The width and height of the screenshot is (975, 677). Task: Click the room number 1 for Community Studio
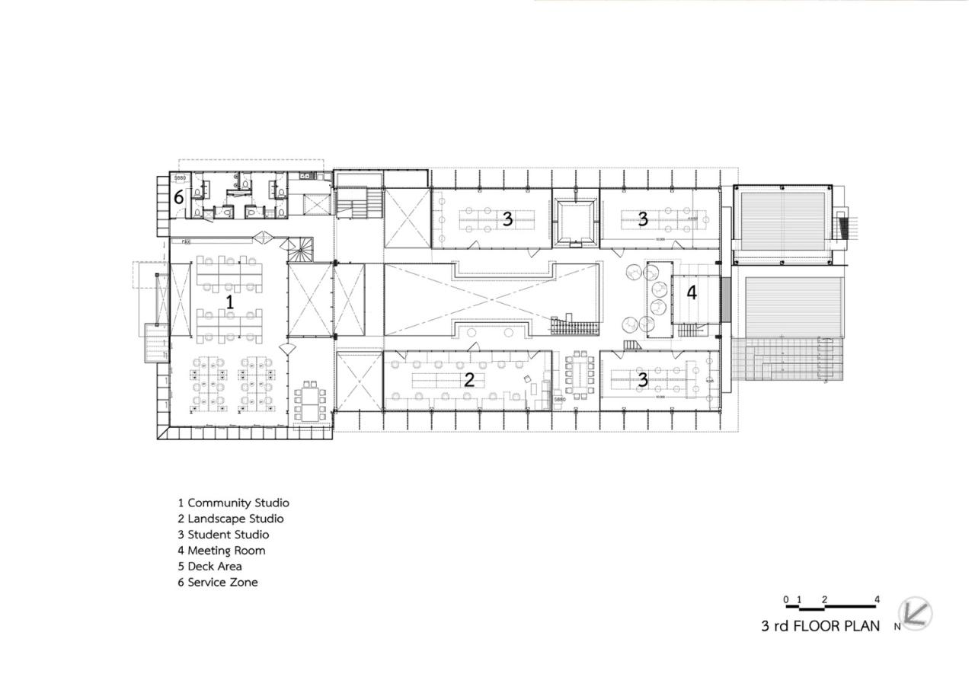(229, 302)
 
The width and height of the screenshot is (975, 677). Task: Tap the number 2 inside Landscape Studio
(469, 379)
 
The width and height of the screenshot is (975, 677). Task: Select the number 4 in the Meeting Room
(692, 292)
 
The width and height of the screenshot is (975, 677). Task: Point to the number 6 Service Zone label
(179, 197)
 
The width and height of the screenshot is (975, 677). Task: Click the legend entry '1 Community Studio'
(233, 503)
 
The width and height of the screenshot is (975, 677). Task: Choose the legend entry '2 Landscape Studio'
(231, 519)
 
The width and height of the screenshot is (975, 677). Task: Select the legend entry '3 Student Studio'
(223, 535)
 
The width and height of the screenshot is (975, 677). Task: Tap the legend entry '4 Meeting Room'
(222, 551)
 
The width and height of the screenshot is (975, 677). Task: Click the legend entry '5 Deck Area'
(210, 567)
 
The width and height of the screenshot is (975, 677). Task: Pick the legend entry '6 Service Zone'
(218, 583)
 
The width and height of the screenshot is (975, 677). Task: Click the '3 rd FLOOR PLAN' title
(820, 627)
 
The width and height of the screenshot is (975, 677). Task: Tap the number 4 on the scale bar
(877, 599)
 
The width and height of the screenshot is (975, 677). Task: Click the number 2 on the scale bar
(825, 599)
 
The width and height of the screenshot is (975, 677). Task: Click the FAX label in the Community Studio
(185, 241)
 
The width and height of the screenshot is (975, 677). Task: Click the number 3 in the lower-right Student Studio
(643, 379)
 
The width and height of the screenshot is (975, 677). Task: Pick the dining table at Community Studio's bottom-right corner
(310, 402)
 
